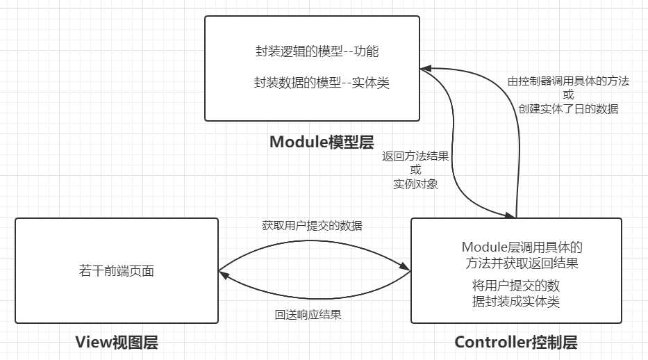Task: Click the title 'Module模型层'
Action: click(x=322, y=142)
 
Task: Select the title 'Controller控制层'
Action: click(x=515, y=342)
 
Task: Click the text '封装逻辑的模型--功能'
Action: click(x=317, y=51)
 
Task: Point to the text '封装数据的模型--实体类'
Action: click(x=322, y=83)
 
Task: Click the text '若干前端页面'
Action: click(x=117, y=270)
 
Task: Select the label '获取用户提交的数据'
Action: click(x=312, y=226)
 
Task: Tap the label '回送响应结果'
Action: click(x=308, y=314)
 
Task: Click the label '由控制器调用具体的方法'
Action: click(x=568, y=81)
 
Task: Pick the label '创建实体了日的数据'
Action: click(x=568, y=108)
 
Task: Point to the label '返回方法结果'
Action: click(x=415, y=156)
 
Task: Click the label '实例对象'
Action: click(x=415, y=184)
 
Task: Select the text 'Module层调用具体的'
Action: click(x=522, y=247)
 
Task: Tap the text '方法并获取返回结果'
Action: click(x=522, y=263)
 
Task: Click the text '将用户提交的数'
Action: click(x=515, y=286)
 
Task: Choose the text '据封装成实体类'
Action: click(x=515, y=301)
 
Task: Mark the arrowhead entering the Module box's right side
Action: click(x=425, y=69)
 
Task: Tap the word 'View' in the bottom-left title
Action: click(x=92, y=342)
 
